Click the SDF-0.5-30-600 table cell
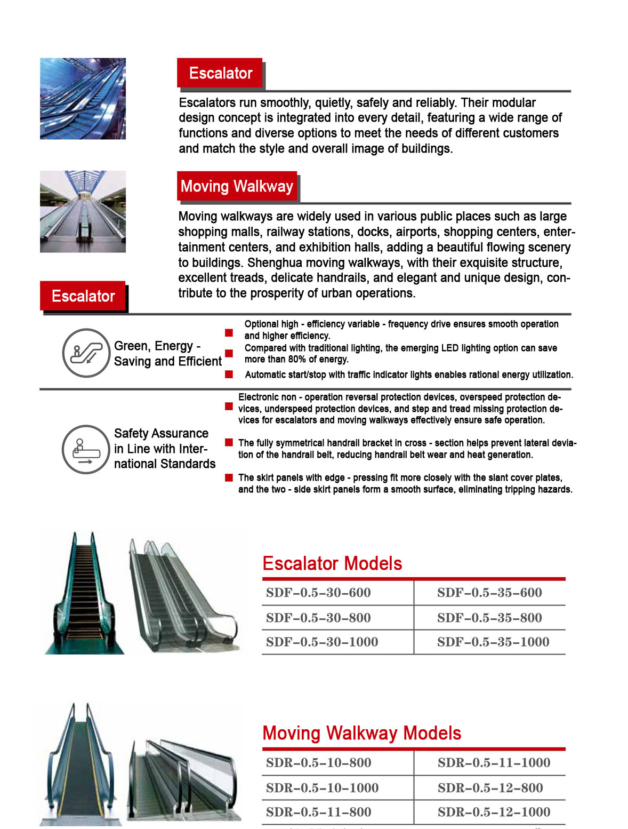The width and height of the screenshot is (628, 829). coord(318,593)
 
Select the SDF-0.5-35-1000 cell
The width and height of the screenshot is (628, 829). coord(493,642)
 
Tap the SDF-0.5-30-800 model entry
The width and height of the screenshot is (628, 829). coord(318,618)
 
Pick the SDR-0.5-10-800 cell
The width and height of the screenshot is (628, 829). coord(318,763)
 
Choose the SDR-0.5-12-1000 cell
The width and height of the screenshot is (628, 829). coord(494,812)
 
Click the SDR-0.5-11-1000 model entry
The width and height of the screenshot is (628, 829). coord(494,763)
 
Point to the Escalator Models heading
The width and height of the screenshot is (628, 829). coord(332,564)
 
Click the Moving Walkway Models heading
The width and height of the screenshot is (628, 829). coord(361,733)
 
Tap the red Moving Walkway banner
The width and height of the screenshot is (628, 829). coord(237,186)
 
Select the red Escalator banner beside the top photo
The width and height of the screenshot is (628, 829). coord(220,73)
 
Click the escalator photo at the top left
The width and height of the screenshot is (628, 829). coord(83,99)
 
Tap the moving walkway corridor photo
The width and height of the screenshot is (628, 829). coord(83,211)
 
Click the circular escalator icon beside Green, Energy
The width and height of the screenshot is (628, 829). coord(85,353)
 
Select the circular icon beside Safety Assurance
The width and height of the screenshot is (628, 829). coord(85,449)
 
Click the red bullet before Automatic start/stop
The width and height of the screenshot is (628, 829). coord(229,374)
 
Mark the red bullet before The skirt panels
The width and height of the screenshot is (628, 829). coord(229,477)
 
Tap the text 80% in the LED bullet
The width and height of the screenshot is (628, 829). coord(281,359)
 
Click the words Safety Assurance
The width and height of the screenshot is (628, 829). coord(161,433)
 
